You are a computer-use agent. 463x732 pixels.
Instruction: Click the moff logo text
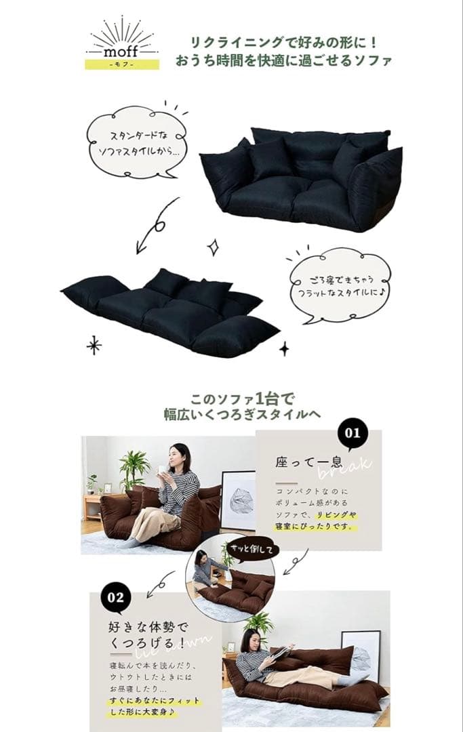[x=123, y=51]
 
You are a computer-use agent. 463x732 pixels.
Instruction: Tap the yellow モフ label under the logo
[x=122, y=64]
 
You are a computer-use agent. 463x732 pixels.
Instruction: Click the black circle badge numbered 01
[x=353, y=432]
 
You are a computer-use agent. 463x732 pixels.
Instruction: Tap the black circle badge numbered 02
[x=116, y=596]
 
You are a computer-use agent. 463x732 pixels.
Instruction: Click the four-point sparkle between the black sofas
[x=212, y=247]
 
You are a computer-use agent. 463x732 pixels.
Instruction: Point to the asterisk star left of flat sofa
[x=94, y=345]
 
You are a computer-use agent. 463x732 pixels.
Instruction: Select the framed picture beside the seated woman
[x=239, y=500]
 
